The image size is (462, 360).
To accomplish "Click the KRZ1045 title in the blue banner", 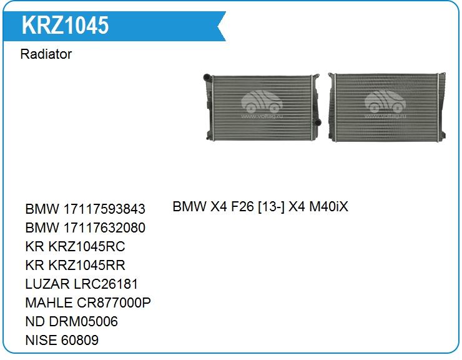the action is pyautogui.click(x=65, y=26).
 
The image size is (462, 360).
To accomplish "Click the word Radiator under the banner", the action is pyautogui.click(x=46, y=54).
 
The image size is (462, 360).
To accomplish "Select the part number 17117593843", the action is pyautogui.click(x=104, y=209).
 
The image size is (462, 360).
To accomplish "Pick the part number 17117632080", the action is pyautogui.click(x=104, y=227).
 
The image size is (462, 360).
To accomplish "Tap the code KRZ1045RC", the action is pyautogui.click(x=87, y=246).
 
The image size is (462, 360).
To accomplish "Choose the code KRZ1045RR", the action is pyautogui.click(x=87, y=265).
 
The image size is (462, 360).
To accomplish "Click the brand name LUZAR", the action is pyautogui.click(x=47, y=284).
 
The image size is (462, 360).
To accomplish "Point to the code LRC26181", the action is pyautogui.click(x=106, y=284).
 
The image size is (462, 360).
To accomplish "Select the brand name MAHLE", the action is pyautogui.click(x=49, y=302).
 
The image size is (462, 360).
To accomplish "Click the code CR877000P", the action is pyautogui.click(x=114, y=302).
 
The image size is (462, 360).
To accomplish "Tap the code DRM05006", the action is pyautogui.click(x=84, y=321).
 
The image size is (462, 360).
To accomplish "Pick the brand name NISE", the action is pyautogui.click(x=41, y=340).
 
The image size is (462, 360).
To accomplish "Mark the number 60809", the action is pyautogui.click(x=80, y=340).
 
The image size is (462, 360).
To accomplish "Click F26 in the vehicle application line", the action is pyautogui.click(x=242, y=206).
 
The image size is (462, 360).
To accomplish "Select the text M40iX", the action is pyautogui.click(x=328, y=206).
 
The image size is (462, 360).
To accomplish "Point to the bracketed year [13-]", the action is pyautogui.click(x=271, y=206).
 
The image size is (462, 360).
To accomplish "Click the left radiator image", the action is pyautogui.click(x=262, y=107).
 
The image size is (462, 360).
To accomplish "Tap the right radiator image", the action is pyautogui.click(x=387, y=107).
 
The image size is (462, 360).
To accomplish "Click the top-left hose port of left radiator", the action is pyautogui.click(x=207, y=77).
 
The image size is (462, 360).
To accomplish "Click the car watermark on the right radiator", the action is pyautogui.click(x=385, y=102).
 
